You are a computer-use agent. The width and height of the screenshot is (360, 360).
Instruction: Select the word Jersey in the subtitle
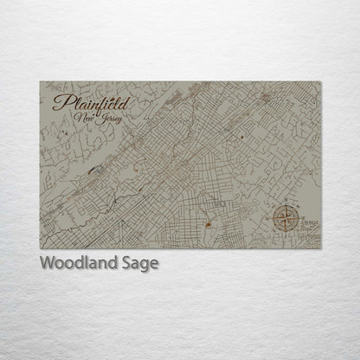click(110, 119)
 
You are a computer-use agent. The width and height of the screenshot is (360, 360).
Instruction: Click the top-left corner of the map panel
click(40, 82)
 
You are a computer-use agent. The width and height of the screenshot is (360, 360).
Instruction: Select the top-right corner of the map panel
click(322, 82)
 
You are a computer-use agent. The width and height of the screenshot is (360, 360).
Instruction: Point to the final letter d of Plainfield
click(126, 102)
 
